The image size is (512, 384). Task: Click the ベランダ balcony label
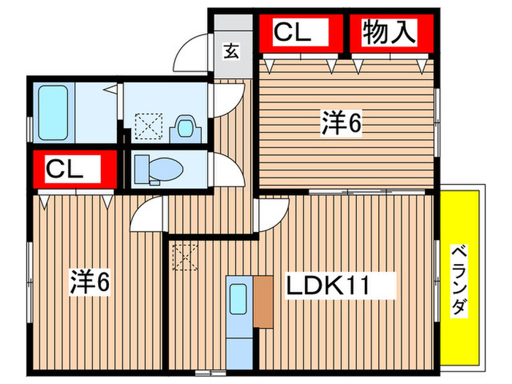coord(459,280)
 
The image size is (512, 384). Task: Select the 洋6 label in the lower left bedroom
coord(89,281)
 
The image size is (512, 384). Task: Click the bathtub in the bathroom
coord(52,113)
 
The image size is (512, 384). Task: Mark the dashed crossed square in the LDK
coord(183,256)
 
